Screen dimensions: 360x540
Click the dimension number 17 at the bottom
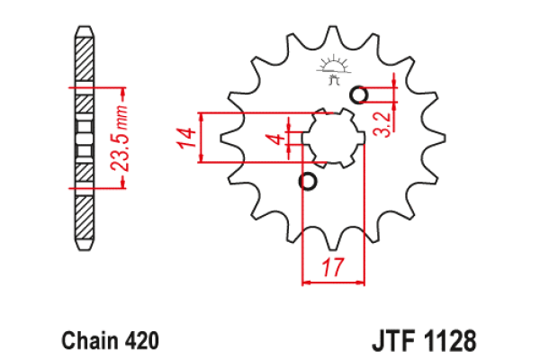click(332, 267)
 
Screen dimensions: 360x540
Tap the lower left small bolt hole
click(308, 183)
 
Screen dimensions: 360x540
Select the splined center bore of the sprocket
click(333, 139)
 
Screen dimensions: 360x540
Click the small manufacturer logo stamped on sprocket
click(332, 69)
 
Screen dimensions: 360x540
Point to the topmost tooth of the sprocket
click(333, 31)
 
